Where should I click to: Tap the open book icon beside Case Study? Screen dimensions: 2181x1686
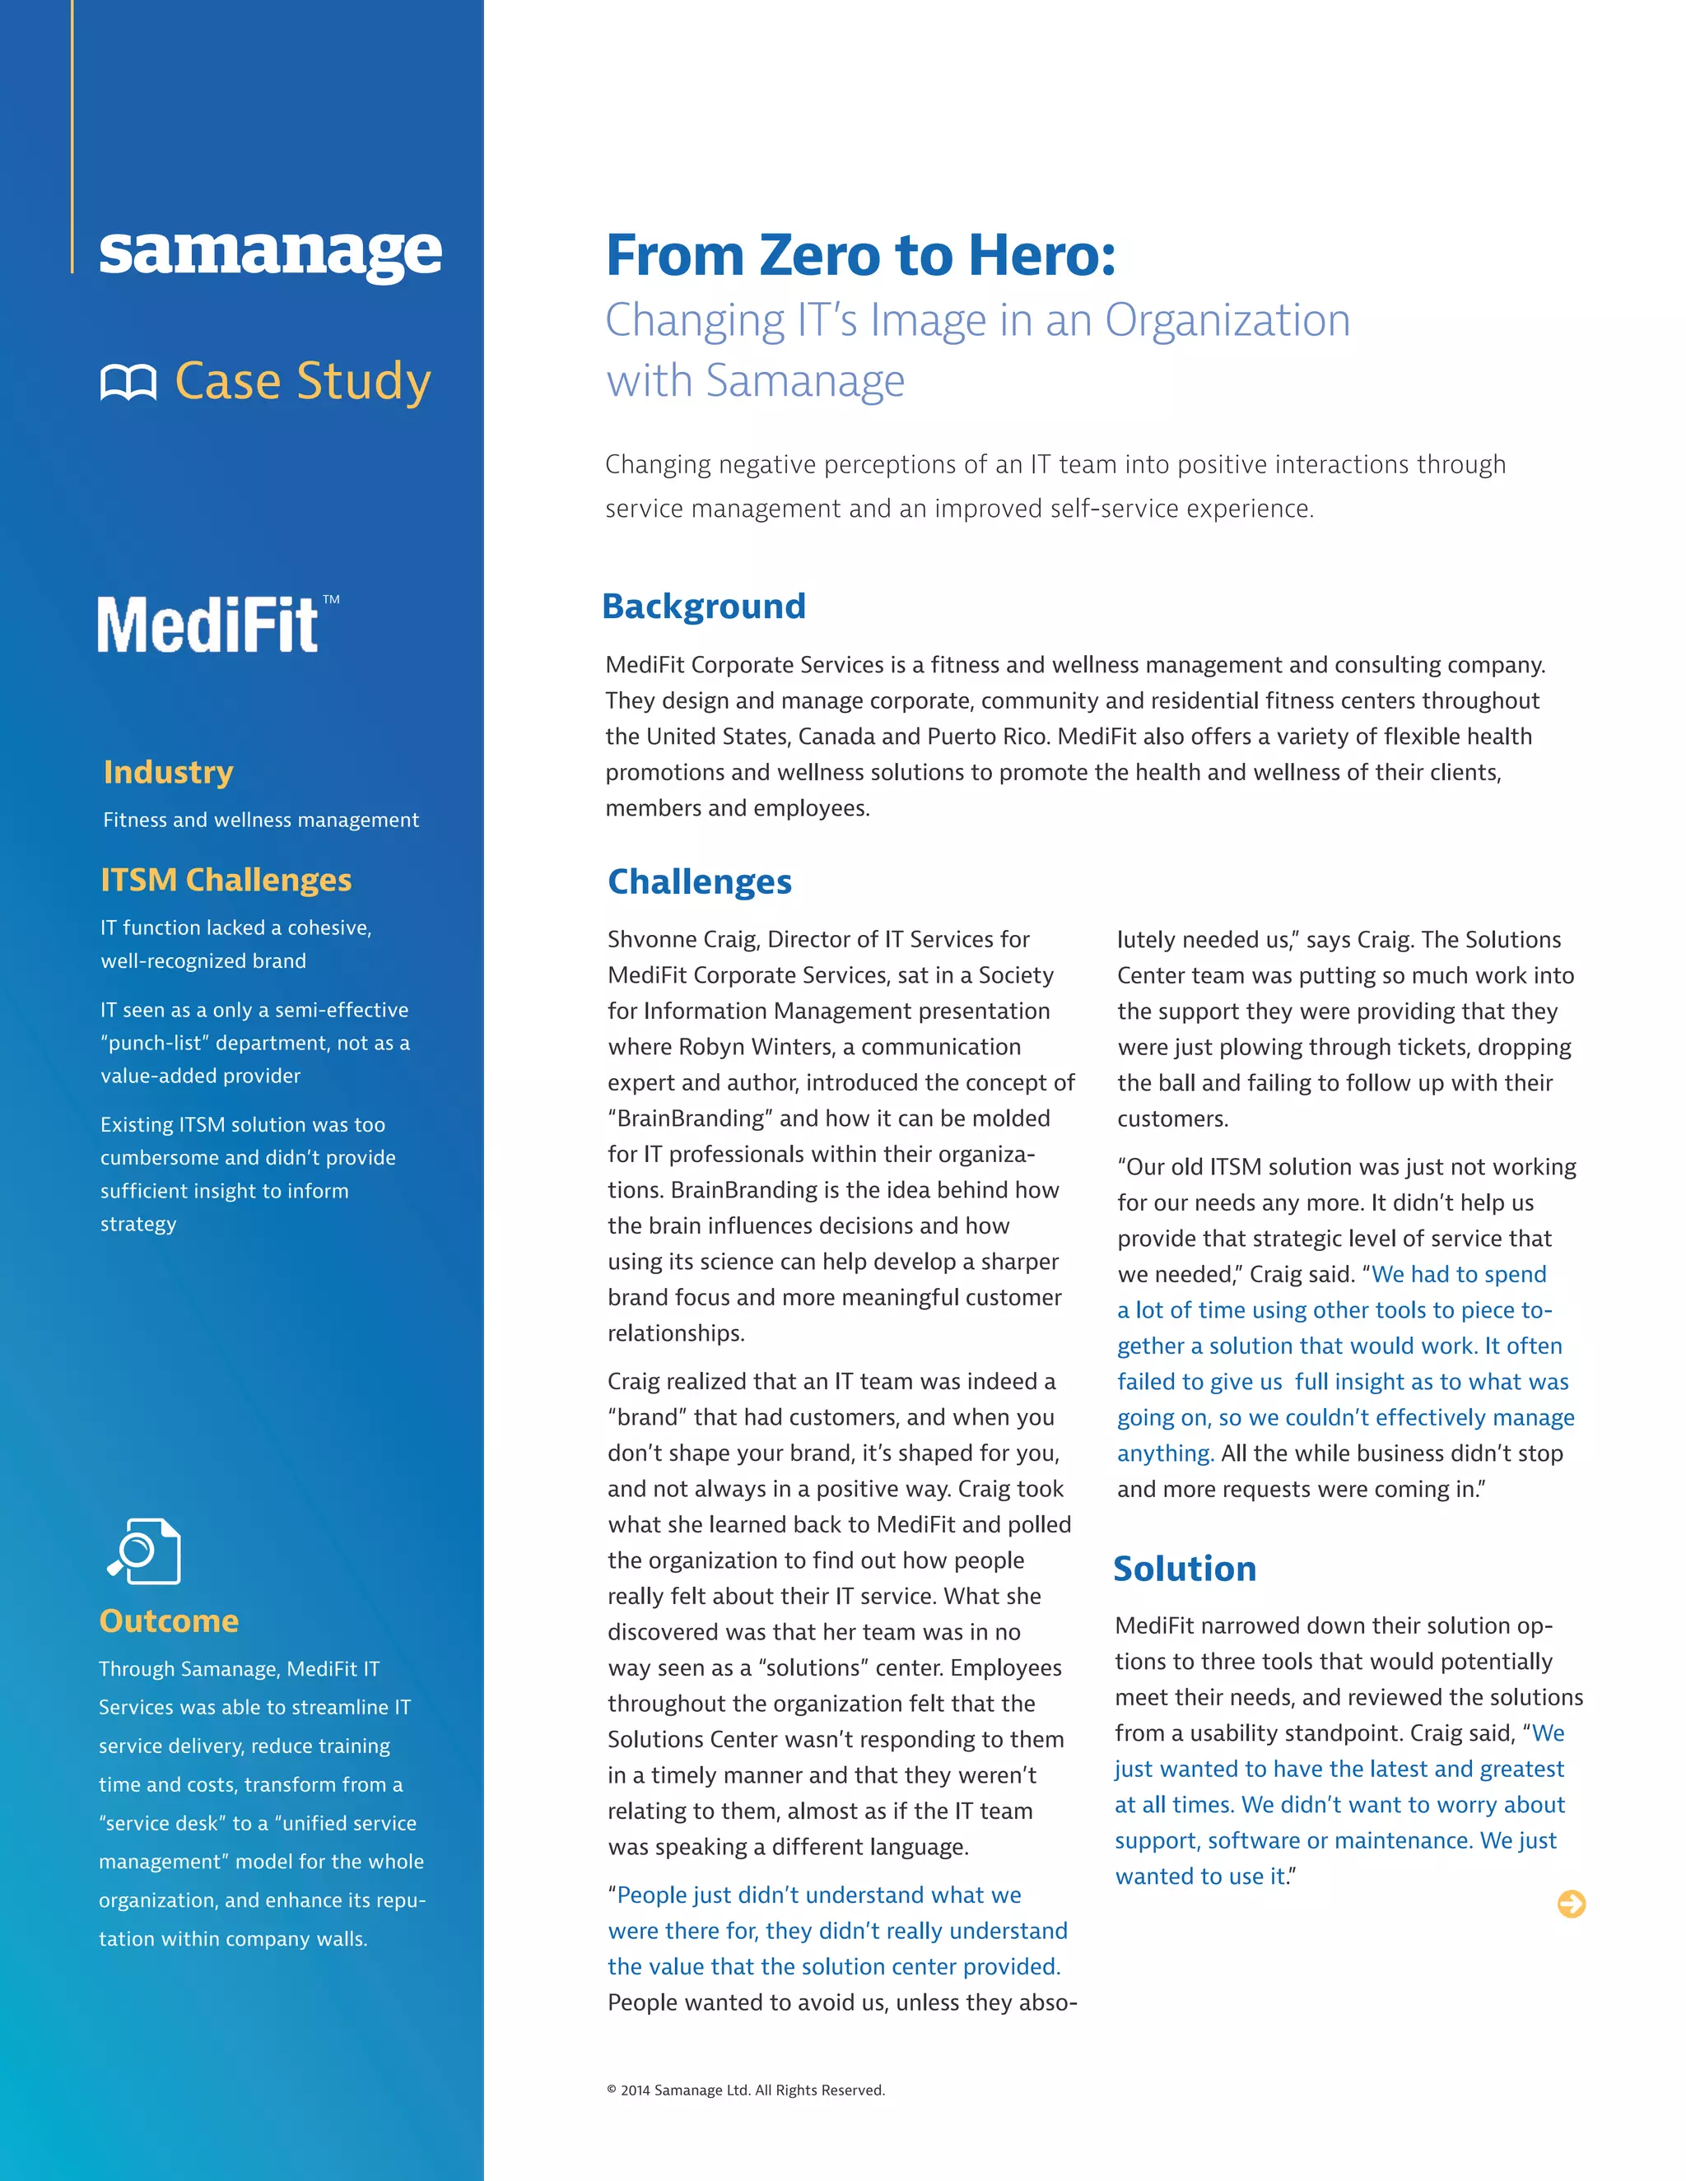click(x=129, y=383)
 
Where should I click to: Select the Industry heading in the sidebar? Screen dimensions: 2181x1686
click(x=168, y=772)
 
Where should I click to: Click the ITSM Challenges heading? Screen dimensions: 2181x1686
click(x=226, y=880)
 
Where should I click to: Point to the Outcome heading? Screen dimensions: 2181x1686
click(x=169, y=1621)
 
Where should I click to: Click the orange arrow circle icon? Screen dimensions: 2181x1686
click(x=1571, y=1904)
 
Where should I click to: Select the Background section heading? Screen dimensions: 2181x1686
click(x=703, y=607)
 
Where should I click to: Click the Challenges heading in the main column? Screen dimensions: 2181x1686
click(x=699, y=881)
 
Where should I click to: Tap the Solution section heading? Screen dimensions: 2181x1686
click(x=1185, y=1569)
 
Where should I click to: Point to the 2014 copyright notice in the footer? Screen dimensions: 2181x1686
click(x=746, y=2090)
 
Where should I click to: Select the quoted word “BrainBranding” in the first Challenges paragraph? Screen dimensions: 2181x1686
click(x=690, y=1118)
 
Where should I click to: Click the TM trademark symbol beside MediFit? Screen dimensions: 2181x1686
click(x=331, y=600)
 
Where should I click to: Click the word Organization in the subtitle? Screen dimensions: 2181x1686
click(x=1227, y=320)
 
